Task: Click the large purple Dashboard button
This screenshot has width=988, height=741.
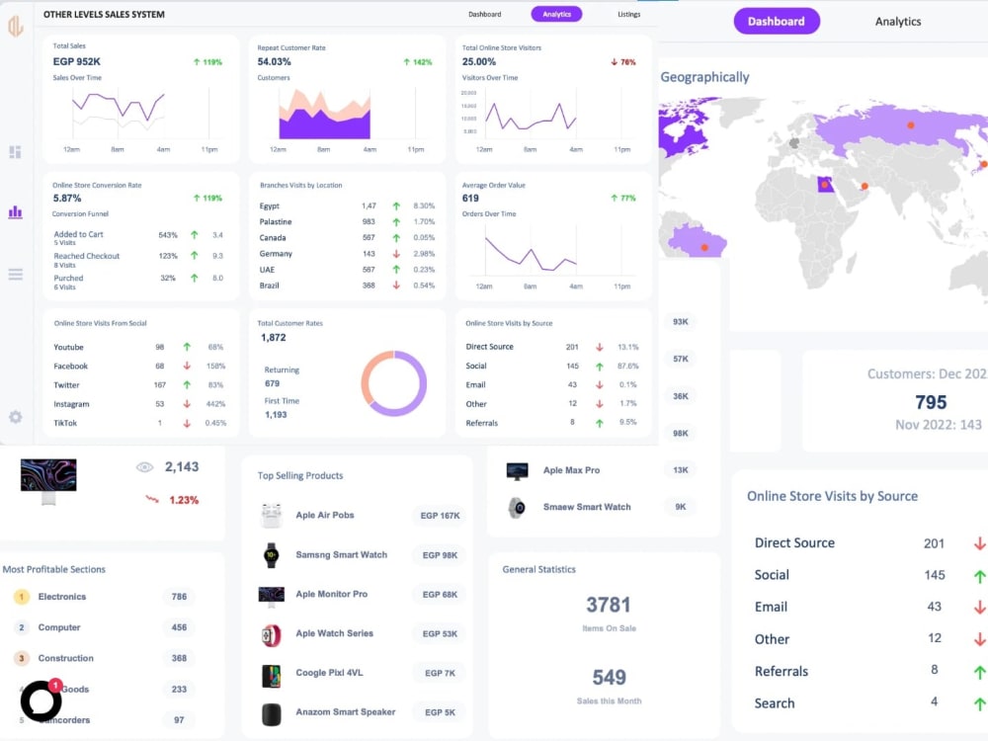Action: point(777,21)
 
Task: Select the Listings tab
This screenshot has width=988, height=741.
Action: point(628,14)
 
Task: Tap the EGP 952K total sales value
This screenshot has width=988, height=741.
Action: point(77,61)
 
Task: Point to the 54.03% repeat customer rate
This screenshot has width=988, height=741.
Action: point(275,61)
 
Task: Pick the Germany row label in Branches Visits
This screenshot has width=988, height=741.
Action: point(276,254)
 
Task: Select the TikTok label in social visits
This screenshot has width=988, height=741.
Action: point(65,423)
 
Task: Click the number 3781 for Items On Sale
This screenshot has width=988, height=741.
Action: point(609,605)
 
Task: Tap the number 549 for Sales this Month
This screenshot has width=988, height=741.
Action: point(609,677)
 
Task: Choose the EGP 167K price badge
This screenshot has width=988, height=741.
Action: point(440,516)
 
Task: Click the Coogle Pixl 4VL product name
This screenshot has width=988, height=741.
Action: point(329,673)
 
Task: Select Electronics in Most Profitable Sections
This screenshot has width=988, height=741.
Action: point(62,597)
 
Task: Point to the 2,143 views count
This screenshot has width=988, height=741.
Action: point(182,466)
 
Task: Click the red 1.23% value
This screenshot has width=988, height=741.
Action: point(184,500)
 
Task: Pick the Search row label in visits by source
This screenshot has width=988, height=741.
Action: point(775,703)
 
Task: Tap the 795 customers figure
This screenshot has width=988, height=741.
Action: point(931,402)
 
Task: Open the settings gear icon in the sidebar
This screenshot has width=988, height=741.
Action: point(16,417)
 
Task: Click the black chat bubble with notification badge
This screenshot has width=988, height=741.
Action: point(41,700)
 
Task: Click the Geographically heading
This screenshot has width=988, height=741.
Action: point(704,77)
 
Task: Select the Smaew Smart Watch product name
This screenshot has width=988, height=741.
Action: point(587,507)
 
